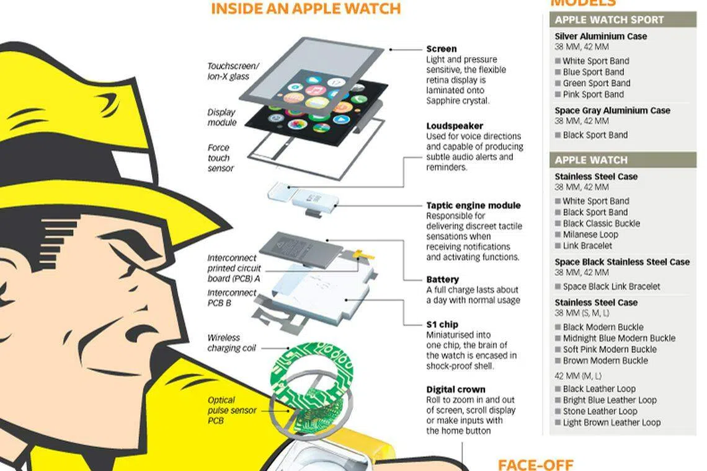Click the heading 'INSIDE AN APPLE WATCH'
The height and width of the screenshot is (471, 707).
pyautogui.click(x=306, y=9)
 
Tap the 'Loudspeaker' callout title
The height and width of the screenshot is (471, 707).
pyautogui.click(x=455, y=126)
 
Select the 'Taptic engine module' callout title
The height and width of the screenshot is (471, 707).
pyautogui.click(x=473, y=206)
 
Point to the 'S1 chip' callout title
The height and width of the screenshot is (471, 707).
pyautogui.click(x=442, y=325)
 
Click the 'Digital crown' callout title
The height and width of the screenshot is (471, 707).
pyautogui.click(x=455, y=389)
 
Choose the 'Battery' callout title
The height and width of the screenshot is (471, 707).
pyautogui.click(x=442, y=280)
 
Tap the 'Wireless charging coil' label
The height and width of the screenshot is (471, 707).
pyautogui.click(x=231, y=343)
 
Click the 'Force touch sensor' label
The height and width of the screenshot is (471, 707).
pyautogui.click(x=221, y=158)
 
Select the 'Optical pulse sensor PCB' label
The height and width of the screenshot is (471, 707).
pyautogui.click(x=232, y=410)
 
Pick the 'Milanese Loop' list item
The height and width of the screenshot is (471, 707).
pyautogui.click(x=590, y=234)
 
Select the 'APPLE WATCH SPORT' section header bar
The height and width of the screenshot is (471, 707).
pyautogui.click(x=623, y=20)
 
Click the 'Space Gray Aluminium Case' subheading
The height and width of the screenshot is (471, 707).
pyautogui.click(x=612, y=110)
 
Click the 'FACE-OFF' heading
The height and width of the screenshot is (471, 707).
pyautogui.click(x=536, y=465)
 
